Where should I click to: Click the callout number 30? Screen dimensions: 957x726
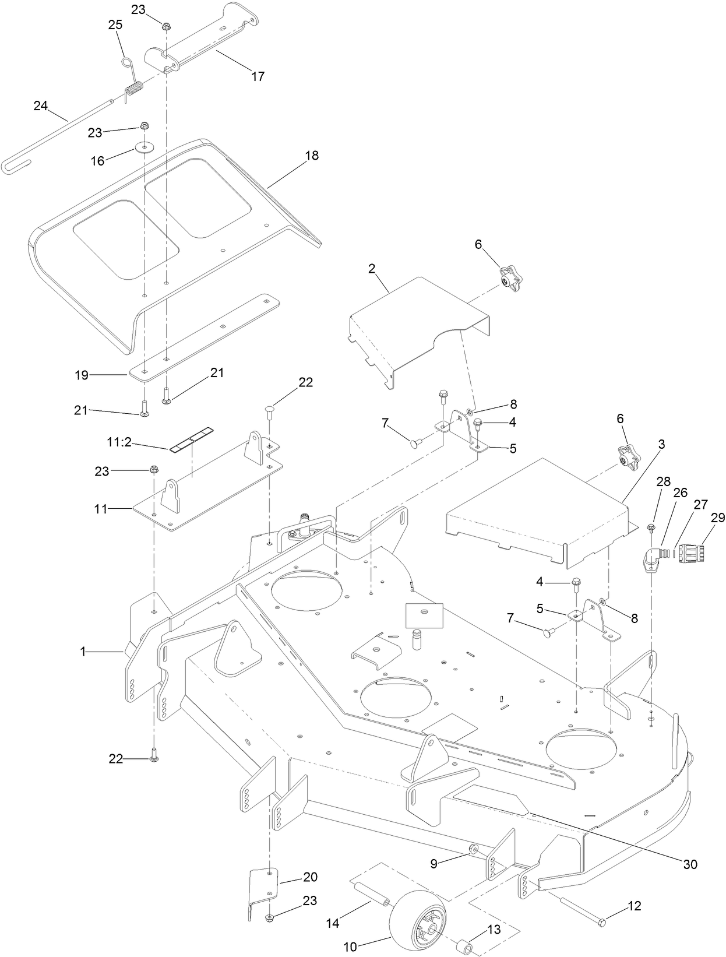click(x=690, y=864)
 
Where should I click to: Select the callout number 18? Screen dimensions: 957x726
click(x=312, y=156)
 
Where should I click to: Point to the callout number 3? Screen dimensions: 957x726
click(x=661, y=444)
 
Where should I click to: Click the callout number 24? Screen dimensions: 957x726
click(x=40, y=105)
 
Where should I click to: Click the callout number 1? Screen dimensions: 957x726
click(x=83, y=652)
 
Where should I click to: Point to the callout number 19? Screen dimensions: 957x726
click(x=82, y=375)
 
